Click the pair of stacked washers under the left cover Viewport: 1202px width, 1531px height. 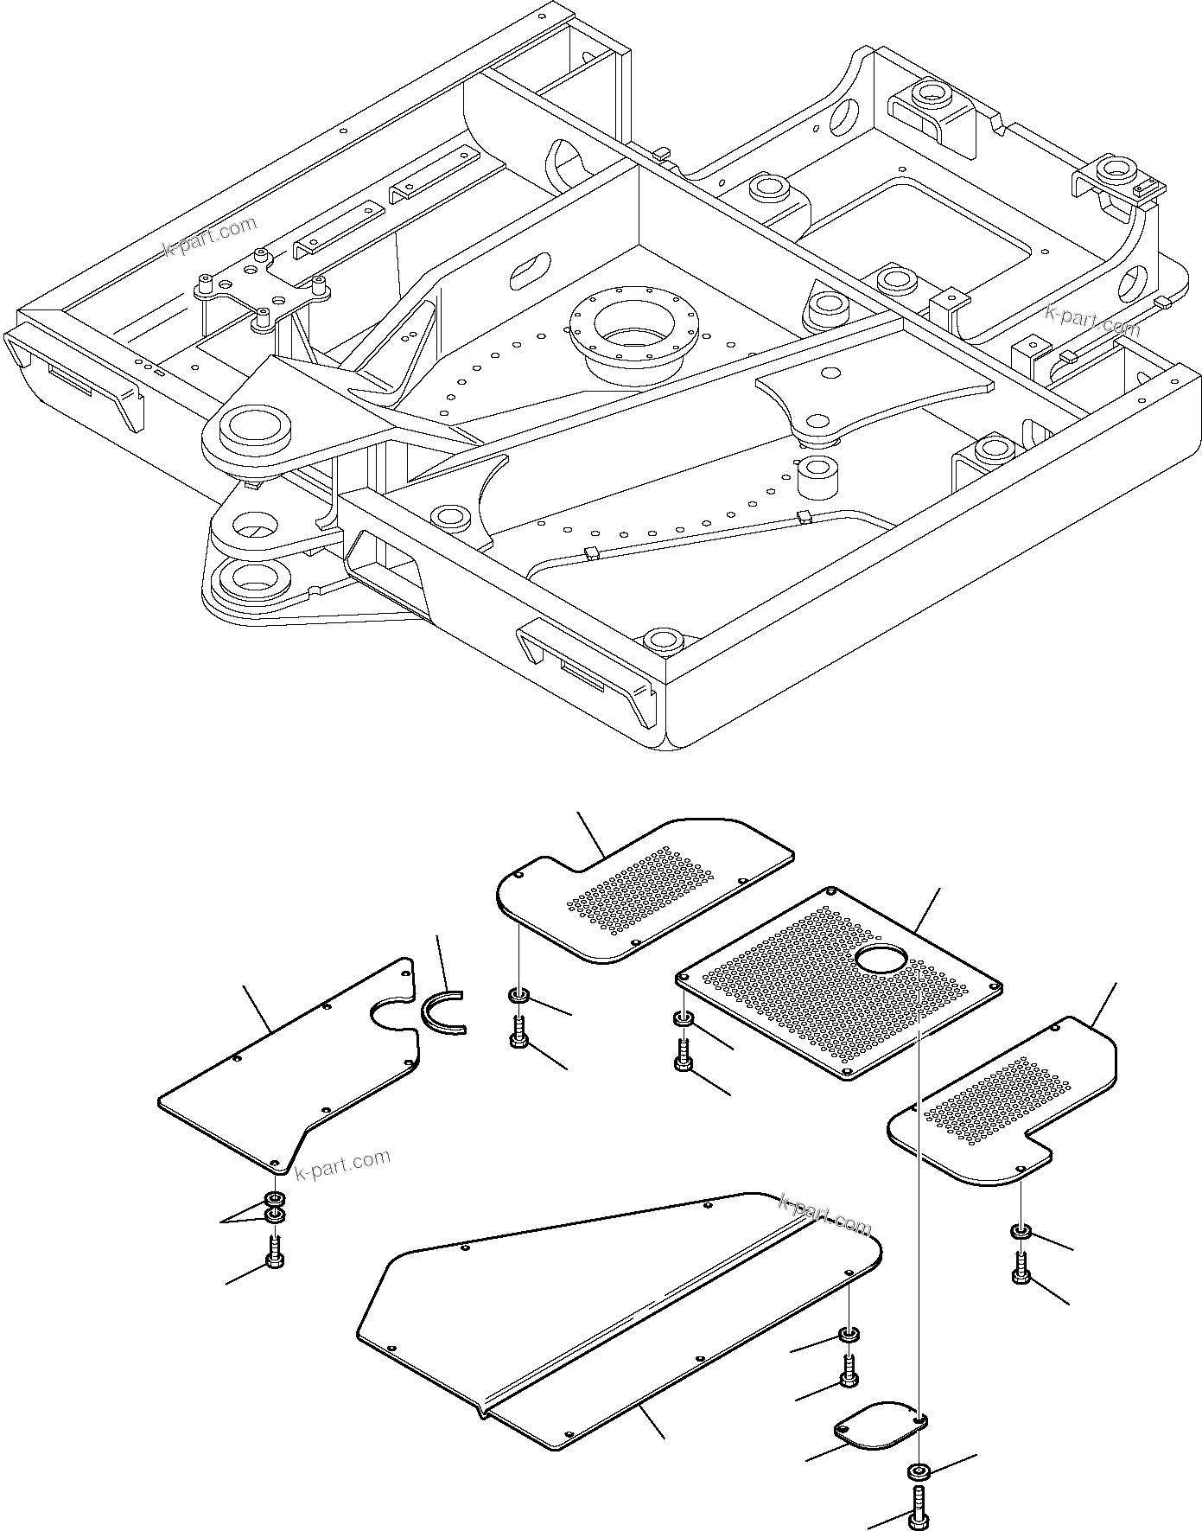(275, 1208)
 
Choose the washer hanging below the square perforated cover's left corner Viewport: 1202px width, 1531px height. (682, 1021)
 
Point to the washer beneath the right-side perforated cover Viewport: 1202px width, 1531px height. (1020, 1231)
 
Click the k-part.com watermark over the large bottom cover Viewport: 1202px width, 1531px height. (825, 1215)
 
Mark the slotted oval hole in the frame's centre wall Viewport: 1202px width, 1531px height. (530, 271)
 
